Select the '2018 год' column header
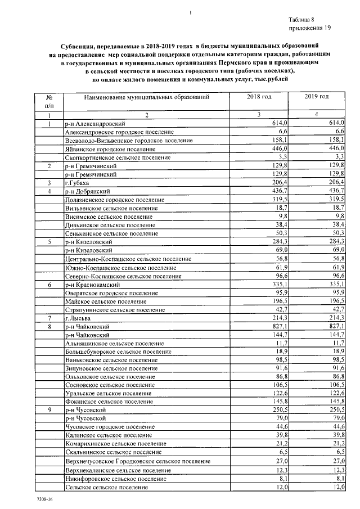pyautogui.click(x=259, y=97)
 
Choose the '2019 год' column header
pyautogui.click(x=317, y=97)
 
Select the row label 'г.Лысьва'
pyautogui.click(x=78, y=318)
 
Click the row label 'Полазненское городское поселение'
pyautogui.click(x=115, y=200)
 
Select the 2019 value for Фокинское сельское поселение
pyautogui.click(x=336, y=402)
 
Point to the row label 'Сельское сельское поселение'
pyautogui.click(x=106, y=487)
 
